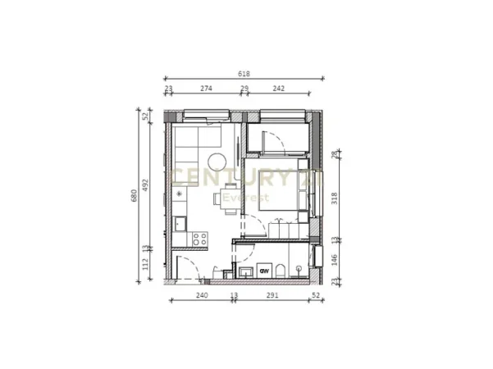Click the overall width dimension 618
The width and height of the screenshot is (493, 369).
(244, 74)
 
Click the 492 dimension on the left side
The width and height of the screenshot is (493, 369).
(147, 186)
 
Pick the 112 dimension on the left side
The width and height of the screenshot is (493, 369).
(147, 264)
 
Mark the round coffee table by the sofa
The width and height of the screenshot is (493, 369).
(218, 161)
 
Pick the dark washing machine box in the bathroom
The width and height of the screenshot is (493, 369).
(264, 270)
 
